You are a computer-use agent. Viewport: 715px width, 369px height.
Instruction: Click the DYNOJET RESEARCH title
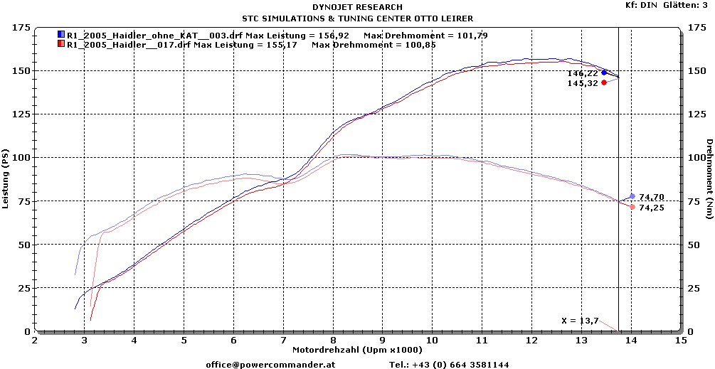[357, 7]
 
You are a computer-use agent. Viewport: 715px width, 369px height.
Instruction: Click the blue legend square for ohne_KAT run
[60, 34]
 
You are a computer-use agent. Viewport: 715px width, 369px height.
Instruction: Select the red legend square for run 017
[60, 44]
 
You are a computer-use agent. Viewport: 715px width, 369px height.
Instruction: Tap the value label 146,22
[583, 73]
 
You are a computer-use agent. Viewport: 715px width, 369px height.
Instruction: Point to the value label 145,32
[583, 83]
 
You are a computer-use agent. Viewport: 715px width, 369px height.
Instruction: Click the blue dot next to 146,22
[604, 73]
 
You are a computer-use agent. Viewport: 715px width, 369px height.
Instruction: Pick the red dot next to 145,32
[604, 82]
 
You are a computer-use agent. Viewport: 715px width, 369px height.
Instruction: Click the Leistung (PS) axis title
[6, 179]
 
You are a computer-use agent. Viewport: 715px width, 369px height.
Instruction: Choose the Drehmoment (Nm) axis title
[709, 179]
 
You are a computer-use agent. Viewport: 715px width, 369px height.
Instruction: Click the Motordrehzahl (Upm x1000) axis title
[357, 350]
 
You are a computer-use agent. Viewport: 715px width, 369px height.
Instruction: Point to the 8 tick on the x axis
[333, 341]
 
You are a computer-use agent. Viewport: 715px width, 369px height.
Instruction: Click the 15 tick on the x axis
[681, 341]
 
